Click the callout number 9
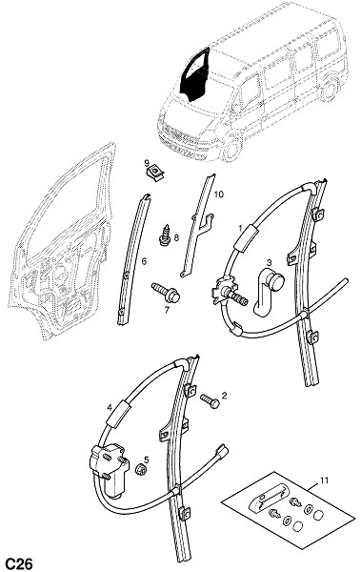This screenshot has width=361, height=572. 147,162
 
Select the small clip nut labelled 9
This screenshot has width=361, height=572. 155,172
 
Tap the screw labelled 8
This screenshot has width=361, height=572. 166,235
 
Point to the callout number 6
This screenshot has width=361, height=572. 144,261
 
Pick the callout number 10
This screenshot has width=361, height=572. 218,194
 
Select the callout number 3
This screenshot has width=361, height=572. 270,262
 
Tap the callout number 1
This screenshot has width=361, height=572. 240,229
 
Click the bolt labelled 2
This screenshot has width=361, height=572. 210,400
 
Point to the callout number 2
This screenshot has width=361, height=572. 224,395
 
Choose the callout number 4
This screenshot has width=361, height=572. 109,408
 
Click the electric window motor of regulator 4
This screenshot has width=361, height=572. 110,469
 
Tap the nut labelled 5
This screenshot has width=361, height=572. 140,469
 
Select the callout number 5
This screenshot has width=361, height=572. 147,460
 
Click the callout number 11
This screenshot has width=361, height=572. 324,480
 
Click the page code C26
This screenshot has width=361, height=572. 17,563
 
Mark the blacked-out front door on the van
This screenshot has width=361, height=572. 195,76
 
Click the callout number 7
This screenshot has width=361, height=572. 167,311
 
